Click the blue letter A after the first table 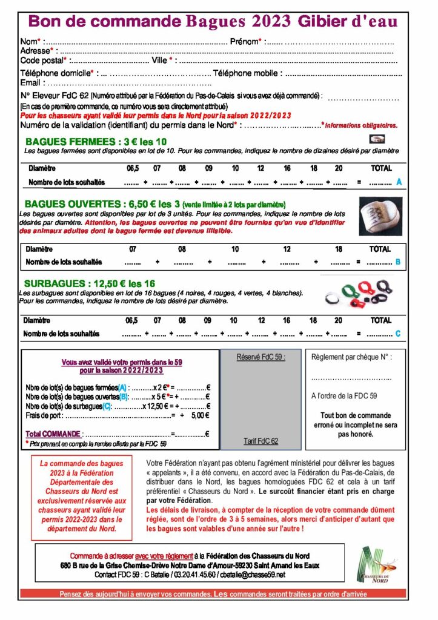[x=399, y=182]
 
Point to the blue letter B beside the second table [x=398, y=262]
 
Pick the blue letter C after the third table [x=398, y=334]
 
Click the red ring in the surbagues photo [x=365, y=286]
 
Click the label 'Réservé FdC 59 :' [x=260, y=357]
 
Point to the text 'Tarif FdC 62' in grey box [x=260, y=441]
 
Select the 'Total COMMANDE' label [x=53, y=434]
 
